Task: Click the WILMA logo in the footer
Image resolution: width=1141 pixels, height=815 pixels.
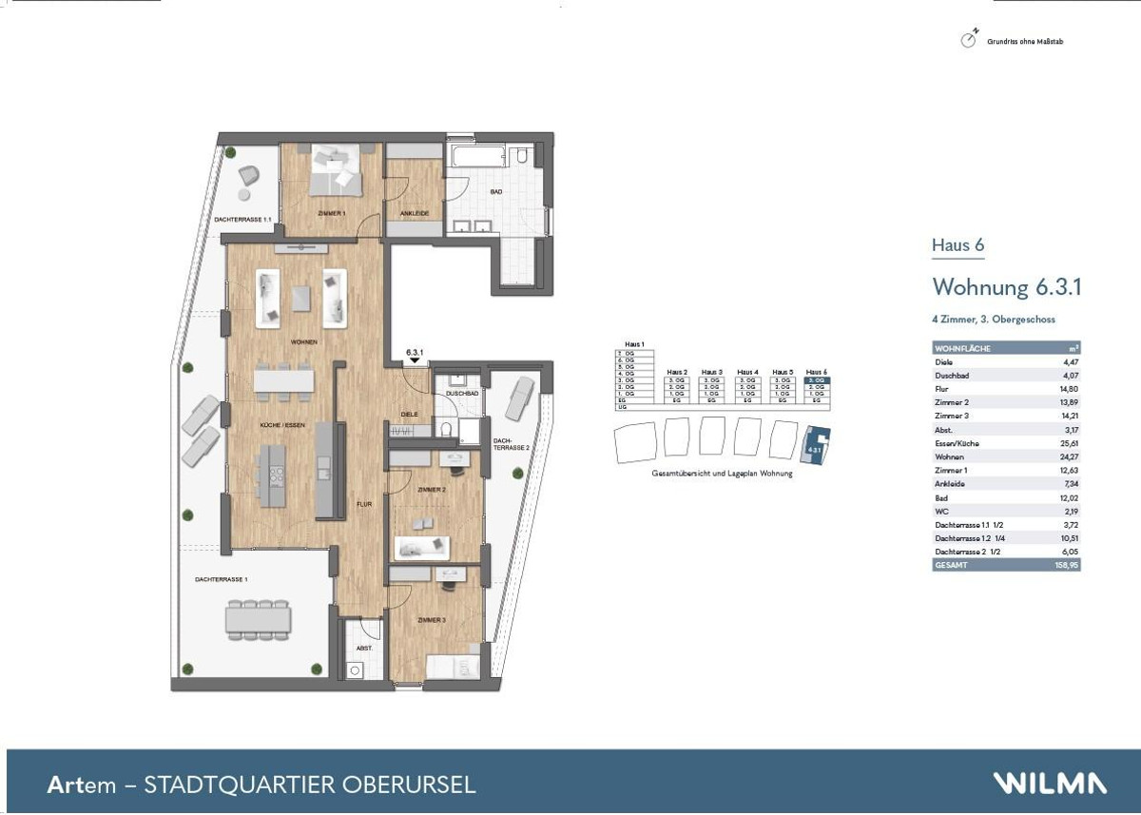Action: (1050, 784)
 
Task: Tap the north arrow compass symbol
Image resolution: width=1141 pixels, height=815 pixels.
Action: (969, 40)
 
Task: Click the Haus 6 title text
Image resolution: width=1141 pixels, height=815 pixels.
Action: (957, 245)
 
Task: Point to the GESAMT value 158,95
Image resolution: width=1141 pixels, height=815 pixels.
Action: (1067, 565)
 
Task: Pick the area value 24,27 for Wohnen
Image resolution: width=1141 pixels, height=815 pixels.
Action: (1068, 456)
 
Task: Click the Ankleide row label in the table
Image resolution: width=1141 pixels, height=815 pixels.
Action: (951, 484)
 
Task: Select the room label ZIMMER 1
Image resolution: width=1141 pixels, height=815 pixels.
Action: (331, 214)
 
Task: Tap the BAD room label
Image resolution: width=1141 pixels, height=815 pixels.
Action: (495, 191)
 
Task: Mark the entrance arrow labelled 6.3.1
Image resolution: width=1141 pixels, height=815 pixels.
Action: (415, 359)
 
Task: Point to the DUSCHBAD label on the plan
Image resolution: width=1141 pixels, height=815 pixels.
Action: (460, 392)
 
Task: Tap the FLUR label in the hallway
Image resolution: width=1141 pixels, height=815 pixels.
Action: (363, 504)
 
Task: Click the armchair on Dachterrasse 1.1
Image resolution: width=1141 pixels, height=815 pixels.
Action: (248, 176)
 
